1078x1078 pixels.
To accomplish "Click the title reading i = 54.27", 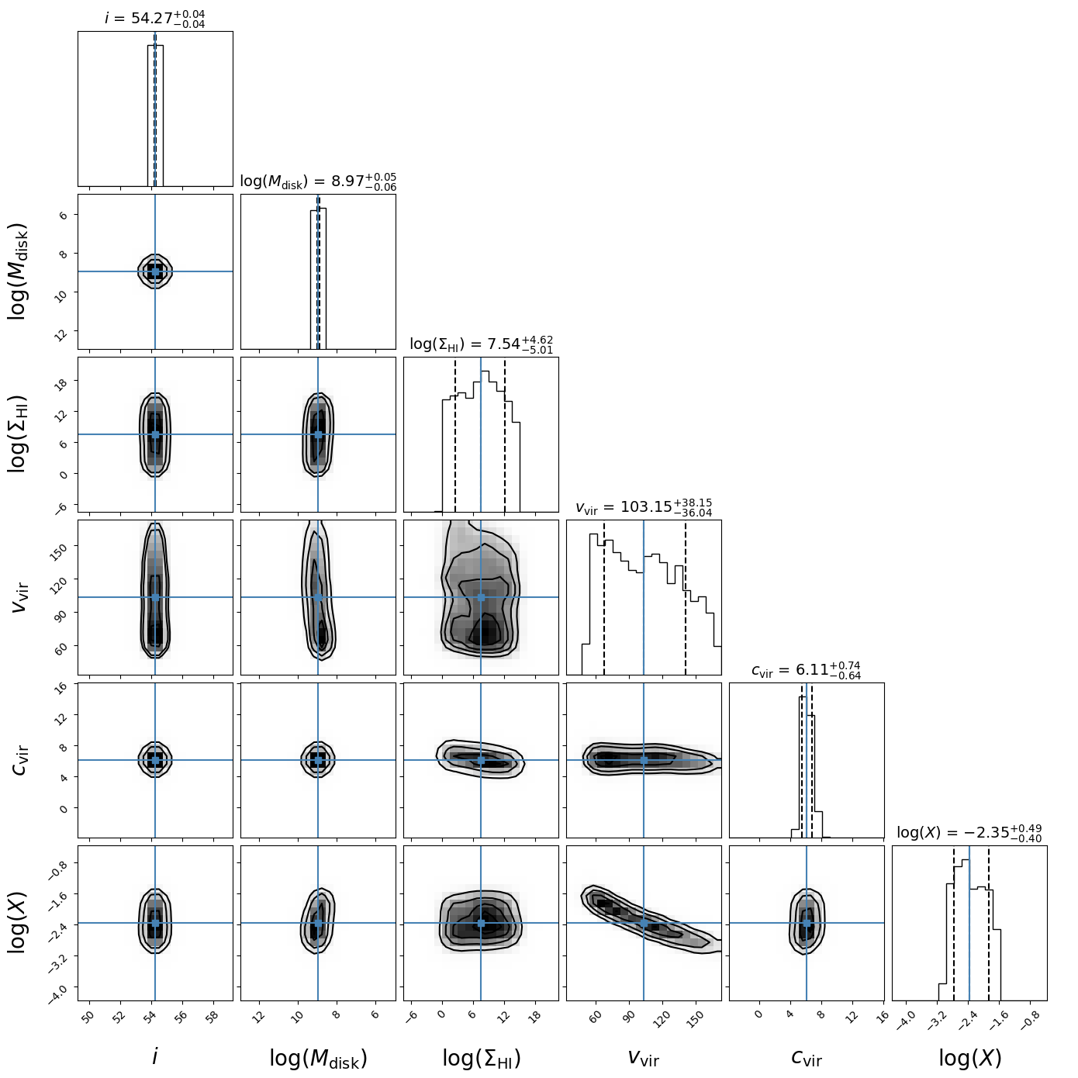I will tap(155, 18).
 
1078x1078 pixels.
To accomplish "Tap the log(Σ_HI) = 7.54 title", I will tap(481, 344).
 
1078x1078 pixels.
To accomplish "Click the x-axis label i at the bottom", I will tap(155, 1056).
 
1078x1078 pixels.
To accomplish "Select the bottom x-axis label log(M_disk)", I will tap(318, 1058).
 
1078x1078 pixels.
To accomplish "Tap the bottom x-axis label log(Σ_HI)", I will tap(481, 1058).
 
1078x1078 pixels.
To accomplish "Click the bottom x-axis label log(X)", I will tap(969, 1058).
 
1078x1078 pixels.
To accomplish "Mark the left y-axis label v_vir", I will tap(22, 597).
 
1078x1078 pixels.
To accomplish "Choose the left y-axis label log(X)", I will tap(19, 923).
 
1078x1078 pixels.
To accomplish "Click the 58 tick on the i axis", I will tap(211, 1018).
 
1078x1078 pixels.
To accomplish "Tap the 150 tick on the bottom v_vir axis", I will tap(696, 1019).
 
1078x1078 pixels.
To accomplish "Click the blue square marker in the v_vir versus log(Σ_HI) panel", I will tap(481, 597).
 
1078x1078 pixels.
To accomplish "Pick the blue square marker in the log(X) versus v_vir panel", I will tap(644, 923).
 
